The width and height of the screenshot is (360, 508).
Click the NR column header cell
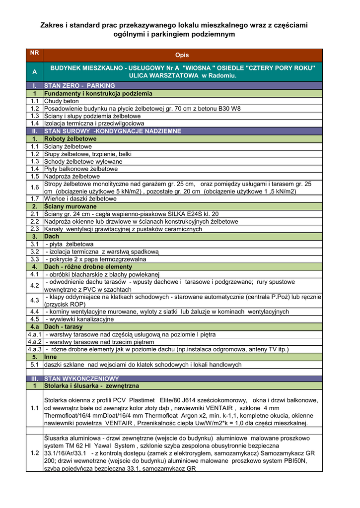(34, 52)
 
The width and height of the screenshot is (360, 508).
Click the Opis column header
(182, 55)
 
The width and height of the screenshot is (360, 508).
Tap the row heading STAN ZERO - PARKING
(79, 86)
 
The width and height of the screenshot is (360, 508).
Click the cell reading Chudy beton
(61, 101)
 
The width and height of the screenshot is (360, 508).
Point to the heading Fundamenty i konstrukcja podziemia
(98, 93)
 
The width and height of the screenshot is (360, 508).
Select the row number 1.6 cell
(34, 187)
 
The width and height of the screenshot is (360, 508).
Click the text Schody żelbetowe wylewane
(83, 161)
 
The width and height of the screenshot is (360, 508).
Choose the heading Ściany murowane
(70, 206)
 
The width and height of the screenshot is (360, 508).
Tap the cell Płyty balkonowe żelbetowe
(81, 169)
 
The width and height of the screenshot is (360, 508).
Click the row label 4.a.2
(34, 342)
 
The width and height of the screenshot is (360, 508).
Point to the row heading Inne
(51, 357)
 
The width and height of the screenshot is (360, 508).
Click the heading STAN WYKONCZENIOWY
(81, 379)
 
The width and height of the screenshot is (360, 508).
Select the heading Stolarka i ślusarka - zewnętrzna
(91, 385)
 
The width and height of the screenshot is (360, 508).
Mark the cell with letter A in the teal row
(34, 72)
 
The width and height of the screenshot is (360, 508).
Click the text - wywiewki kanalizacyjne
(80, 319)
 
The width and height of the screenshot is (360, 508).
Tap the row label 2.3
(34, 229)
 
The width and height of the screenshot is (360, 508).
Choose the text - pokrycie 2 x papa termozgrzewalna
(95, 259)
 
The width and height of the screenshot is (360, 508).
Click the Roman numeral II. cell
(34, 131)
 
